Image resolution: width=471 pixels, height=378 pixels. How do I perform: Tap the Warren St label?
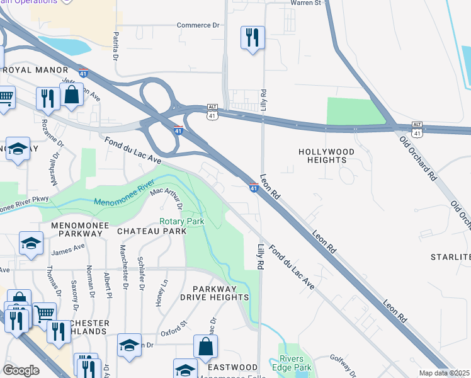pyautogui.click(x=305, y=3)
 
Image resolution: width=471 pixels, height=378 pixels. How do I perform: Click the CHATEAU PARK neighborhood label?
pyautogui.click(x=152, y=231)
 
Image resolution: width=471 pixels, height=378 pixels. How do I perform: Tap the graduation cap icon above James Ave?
pyautogui.click(x=31, y=243)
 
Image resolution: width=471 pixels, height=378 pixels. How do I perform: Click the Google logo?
pyautogui.click(x=21, y=370)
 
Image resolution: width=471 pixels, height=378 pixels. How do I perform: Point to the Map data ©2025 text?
pyautogui.click(x=444, y=373)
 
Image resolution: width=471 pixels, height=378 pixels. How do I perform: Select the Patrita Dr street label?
pyautogui.click(x=116, y=47)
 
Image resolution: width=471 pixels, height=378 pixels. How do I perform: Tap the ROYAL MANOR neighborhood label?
pyautogui.click(x=31, y=70)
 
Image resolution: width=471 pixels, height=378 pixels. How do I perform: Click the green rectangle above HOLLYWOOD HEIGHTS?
pyautogui.click(x=356, y=112)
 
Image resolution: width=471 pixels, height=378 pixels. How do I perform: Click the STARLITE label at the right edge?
pyautogui.click(x=450, y=257)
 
